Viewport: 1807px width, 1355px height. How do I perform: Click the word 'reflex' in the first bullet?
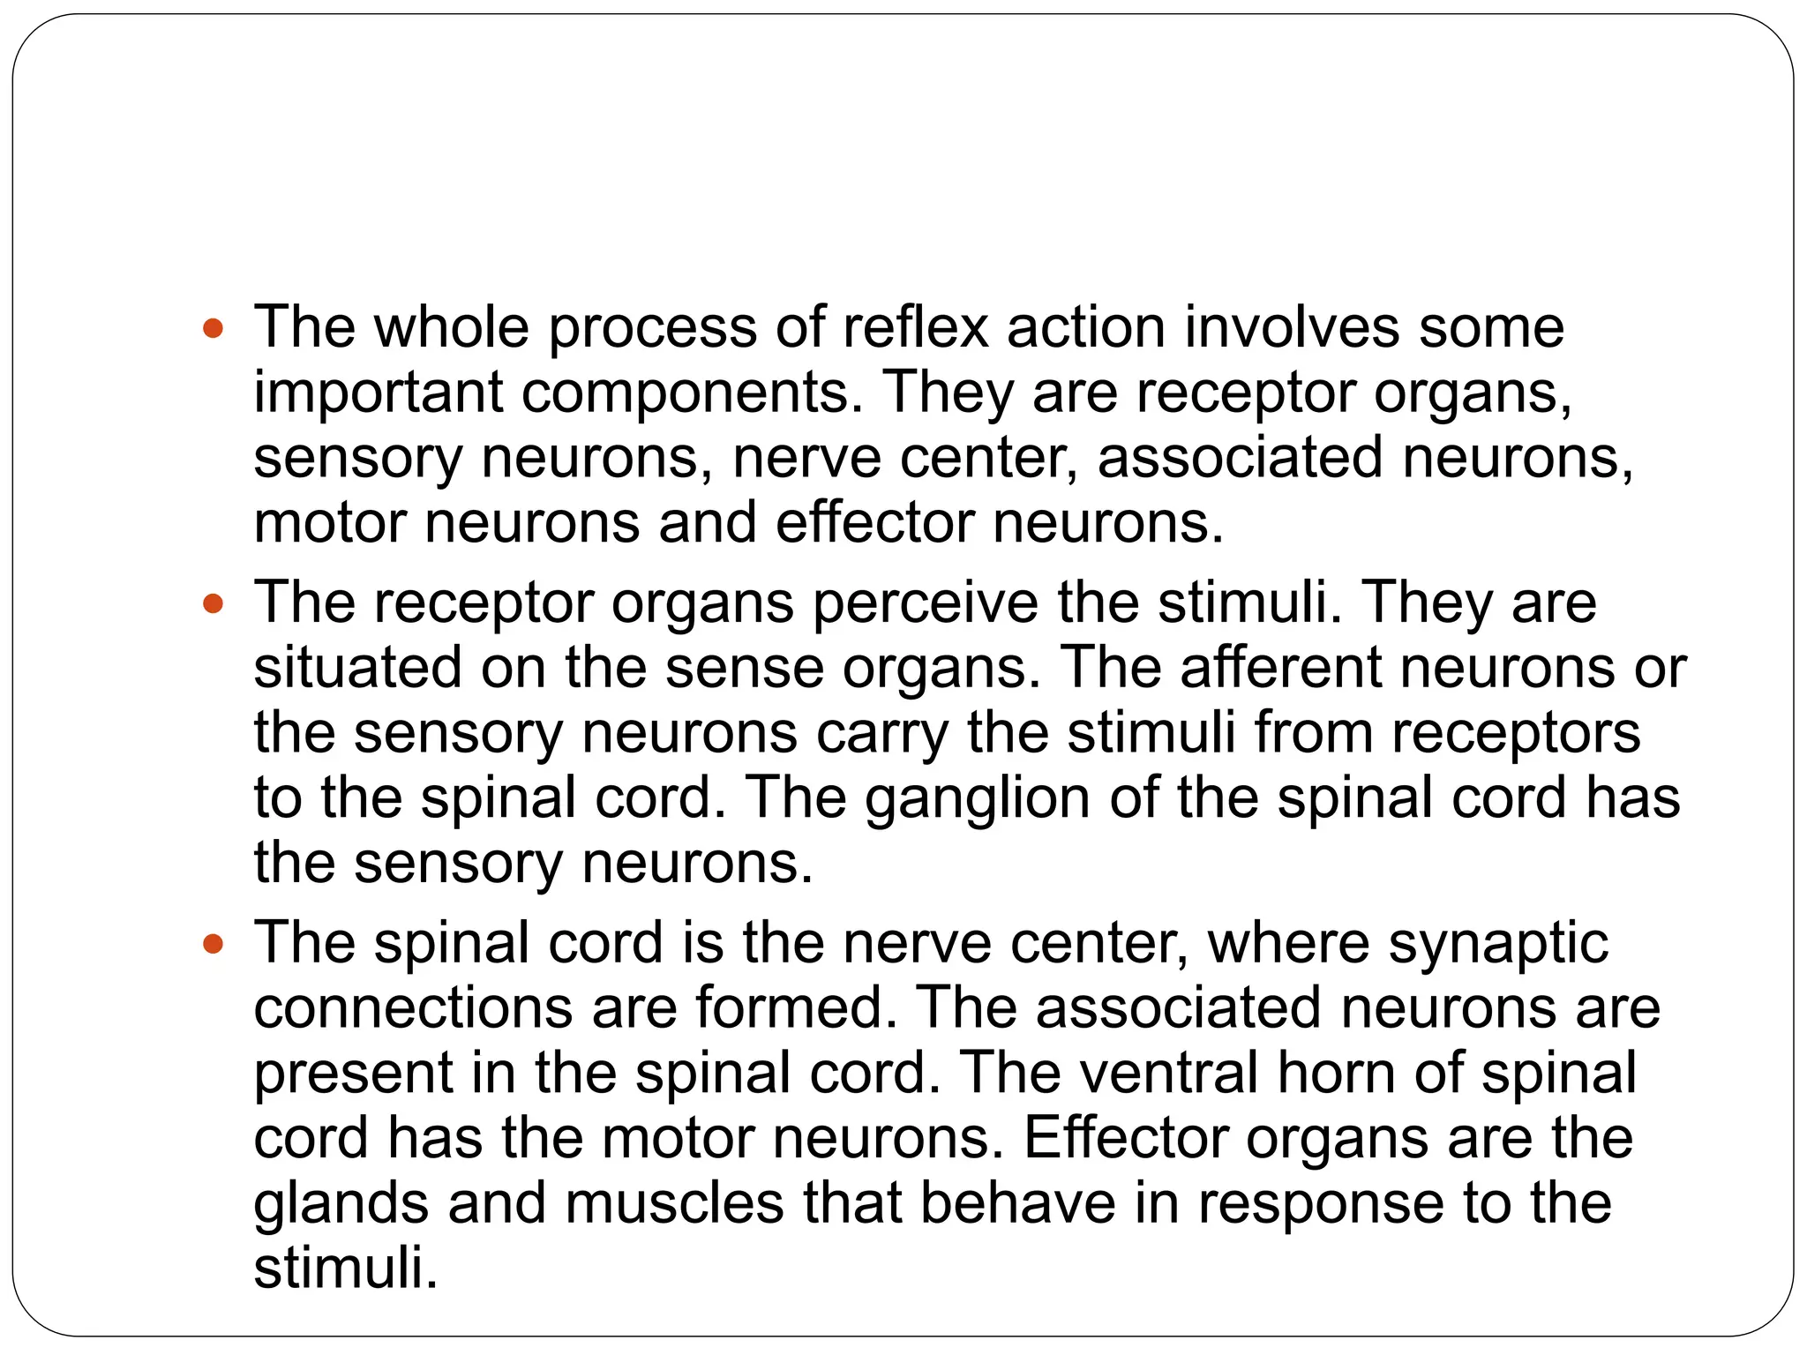pyautogui.click(x=915, y=327)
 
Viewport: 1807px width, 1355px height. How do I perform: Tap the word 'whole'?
pyautogui.click(x=451, y=327)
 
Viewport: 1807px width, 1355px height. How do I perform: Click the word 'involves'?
pyautogui.click(x=1292, y=327)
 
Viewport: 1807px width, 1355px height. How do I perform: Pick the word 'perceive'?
pyautogui.click(x=926, y=604)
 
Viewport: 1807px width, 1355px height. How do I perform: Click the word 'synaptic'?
pyautogui.click(x=1498, y=944)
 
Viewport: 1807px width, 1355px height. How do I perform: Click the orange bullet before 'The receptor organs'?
pyautogui.click(x=213, y=605)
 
